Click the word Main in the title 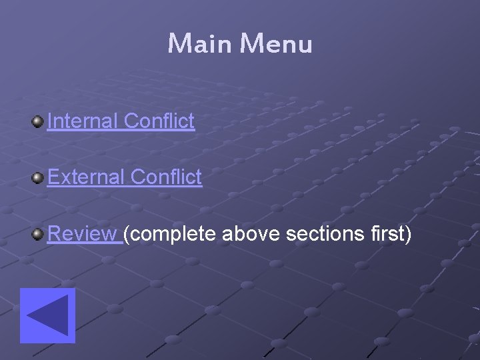point(200,44)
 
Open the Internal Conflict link point(121,121)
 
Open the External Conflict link point(125,177)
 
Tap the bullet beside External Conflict point(37,177)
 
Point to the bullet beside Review point(37,234)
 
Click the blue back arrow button point(47,315)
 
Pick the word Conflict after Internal point(159,121)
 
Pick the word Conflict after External point(167,177)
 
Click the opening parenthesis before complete point(127,235)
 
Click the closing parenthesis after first point(408,235)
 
